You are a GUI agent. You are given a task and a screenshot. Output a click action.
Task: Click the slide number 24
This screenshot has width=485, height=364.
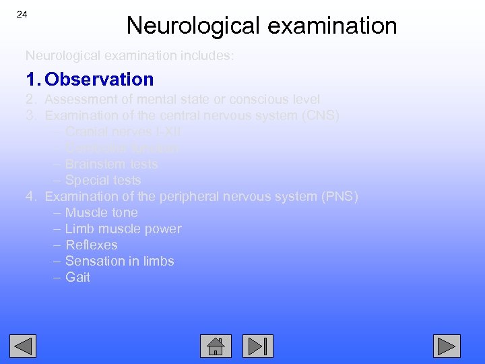(22, 15)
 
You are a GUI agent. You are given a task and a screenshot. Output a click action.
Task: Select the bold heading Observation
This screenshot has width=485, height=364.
(99, 80)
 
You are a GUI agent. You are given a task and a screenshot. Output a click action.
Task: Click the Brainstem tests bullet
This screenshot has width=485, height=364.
(111, 164)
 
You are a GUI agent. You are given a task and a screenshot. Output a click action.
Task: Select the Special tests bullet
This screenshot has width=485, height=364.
(103, 181)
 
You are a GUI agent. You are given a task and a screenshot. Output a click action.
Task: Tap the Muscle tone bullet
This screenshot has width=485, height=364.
(101, 213)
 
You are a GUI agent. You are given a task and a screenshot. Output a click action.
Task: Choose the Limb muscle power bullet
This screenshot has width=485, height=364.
(123, 229)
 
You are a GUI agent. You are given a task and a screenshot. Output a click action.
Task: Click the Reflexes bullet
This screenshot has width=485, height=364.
(91, 245)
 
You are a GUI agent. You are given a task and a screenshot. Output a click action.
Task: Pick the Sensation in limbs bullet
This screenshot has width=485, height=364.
(119, 262)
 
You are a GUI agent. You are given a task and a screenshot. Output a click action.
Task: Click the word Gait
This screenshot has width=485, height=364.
(77, 278)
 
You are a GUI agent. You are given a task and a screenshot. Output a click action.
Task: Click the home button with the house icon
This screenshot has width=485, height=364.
(216, 346)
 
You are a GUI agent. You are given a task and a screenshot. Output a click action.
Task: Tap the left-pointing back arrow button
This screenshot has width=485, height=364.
(23, 346)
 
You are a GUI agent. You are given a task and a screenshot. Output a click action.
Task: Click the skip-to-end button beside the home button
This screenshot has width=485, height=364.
(258, 346)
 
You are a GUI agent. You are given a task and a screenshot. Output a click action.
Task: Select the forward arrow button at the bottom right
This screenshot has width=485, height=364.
(447, 346)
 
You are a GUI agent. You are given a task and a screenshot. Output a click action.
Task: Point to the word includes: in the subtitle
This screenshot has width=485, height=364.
(206, 56)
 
